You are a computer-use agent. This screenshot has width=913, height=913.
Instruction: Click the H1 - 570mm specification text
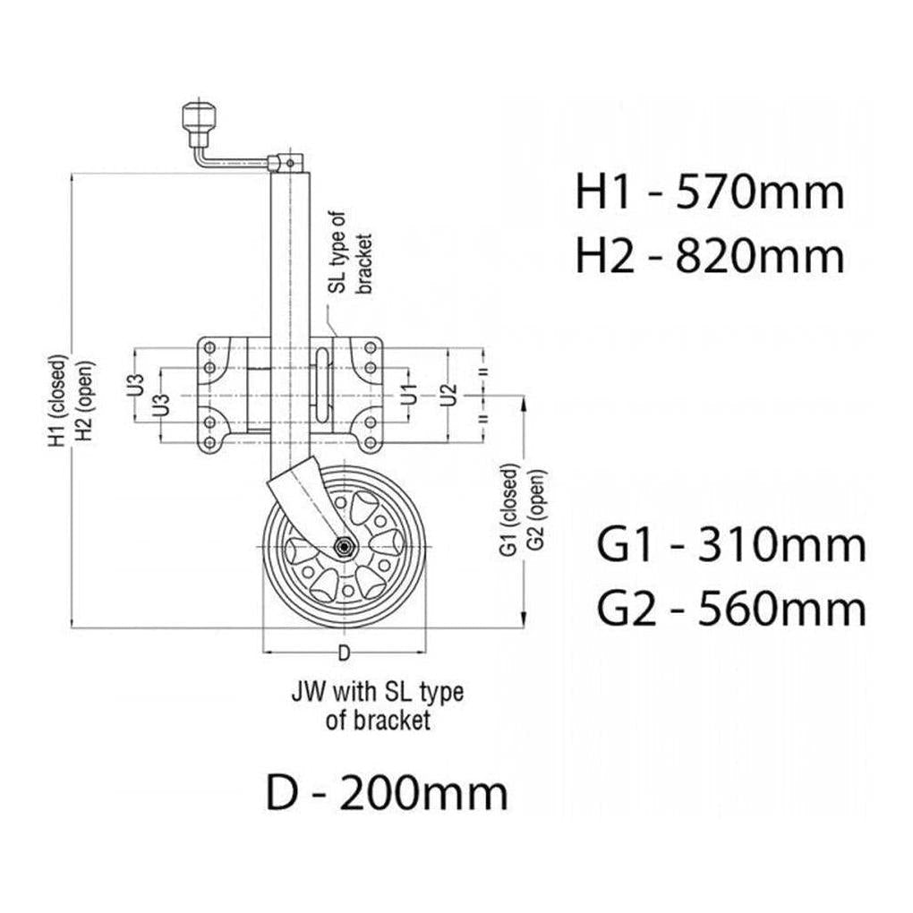click(709, 192)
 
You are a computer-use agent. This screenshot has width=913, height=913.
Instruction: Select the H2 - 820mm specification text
click(709, 257)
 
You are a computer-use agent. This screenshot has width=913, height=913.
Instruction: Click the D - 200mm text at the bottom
click(387, 793)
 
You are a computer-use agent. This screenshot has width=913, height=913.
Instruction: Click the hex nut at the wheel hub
click(343, 545)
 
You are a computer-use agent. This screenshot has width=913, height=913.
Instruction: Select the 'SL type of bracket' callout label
click(350, 253)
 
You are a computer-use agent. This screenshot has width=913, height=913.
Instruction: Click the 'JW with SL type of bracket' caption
click(377, 705)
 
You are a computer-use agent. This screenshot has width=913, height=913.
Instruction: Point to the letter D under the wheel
click(343, 651)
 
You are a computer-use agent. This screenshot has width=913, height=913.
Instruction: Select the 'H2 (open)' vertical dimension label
click(81, 403)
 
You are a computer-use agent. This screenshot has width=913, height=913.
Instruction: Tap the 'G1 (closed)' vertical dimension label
click(510, 509)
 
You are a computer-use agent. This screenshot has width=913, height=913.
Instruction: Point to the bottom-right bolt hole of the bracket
click(368, 443)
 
